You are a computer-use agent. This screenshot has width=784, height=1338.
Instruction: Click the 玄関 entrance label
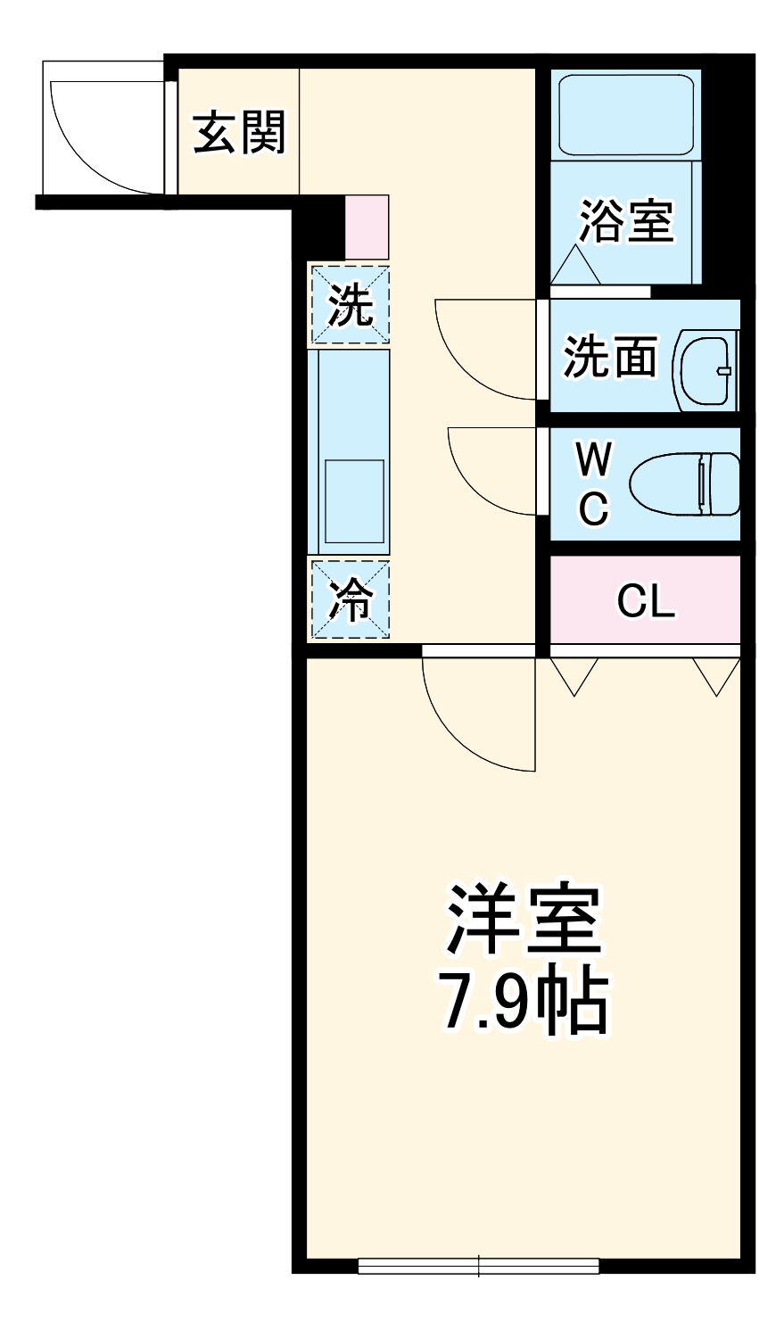point(239,132)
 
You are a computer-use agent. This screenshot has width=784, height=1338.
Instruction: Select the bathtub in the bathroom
point(626,114)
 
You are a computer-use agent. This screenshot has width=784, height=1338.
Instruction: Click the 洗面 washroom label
point(610,357)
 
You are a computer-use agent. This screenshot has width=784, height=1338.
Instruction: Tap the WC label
point(593,484)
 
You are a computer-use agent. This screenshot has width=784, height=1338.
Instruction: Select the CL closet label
point(646,602)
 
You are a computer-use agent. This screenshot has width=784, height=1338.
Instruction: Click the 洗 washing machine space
point(350,304)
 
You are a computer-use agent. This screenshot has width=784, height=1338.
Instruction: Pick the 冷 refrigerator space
point(350,599)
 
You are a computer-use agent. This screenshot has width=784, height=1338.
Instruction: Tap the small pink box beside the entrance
point(367,227)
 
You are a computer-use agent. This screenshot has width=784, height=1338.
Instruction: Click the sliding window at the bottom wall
point(478,1265)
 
